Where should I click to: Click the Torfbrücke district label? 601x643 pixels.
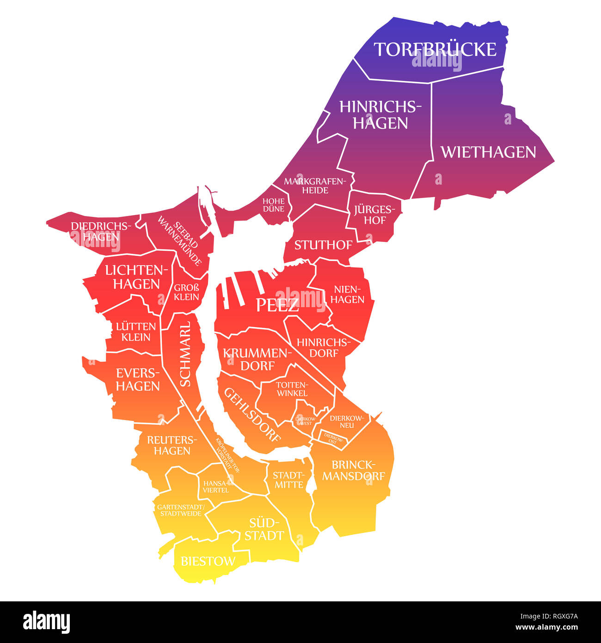pyautogui.click(x=435, y=49)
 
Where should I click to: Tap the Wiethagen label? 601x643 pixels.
pyautogui.click(x=488, y=152)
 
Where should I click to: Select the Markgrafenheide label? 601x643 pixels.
pyautogui.click(x=315, y=185)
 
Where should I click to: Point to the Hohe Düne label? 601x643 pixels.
pyautogui.click(x=274, y=205)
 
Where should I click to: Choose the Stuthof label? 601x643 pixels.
pyautogui.click(x=323, y=245)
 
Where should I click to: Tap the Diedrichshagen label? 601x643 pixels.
pyautogui.click(x=101, y=231)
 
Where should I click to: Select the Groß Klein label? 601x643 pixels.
pyautogui.click(x=186, y=292)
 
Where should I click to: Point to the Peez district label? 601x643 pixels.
pyautogui.click(x=277, y=305)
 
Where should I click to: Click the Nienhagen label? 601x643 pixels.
pyautogui.click(x=348, y=294)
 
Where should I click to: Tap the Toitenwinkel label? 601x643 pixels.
pyautogui.click(x=291, y=389)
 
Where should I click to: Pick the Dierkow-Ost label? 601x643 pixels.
pyautogui.click(x=331, y=439)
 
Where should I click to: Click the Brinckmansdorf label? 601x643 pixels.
pyautogui.click(x=353, y=470)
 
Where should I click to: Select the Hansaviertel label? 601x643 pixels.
pyautogui.click(x=215, y=486)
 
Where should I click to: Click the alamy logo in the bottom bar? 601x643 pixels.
pyautogui.click(x=47, y=622)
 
